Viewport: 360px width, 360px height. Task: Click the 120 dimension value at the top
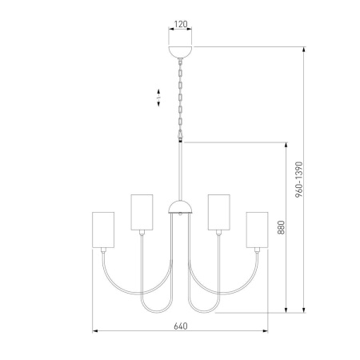[x=181, y=24]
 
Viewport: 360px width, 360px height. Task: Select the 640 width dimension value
[x=180, y=326]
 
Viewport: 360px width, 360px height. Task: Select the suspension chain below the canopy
[x=181, y=96]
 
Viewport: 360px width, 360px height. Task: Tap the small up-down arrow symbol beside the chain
[x=158, y=99]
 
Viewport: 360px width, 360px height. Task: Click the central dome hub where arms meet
[x=180, y=210]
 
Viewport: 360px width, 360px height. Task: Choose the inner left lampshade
[x=142, y=210]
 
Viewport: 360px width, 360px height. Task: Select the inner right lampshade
[x=218, y=210]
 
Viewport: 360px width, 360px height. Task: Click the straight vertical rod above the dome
[x=181, y=172]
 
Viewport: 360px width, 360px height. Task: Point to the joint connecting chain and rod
[x=181, y=140]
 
